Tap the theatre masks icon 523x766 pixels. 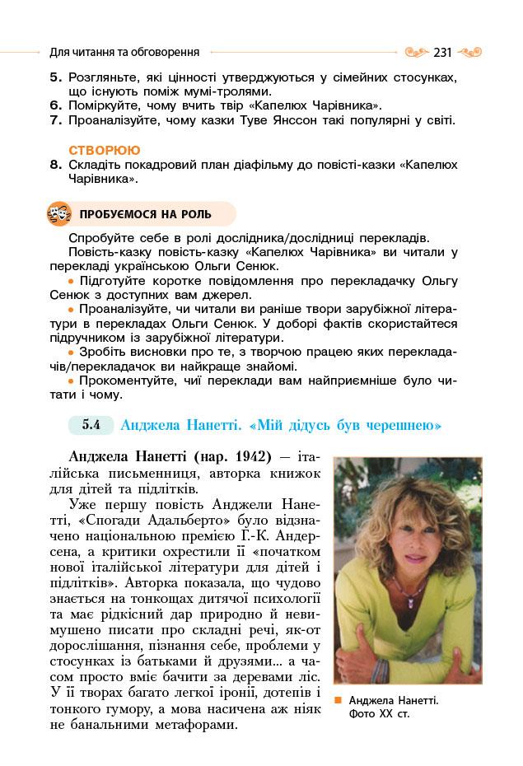[x=59, y=214]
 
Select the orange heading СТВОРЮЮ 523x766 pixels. [x=105, y=150]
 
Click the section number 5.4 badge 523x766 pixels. [x=91, y=426]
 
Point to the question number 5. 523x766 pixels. [x=55, y=77]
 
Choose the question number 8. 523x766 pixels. [x=55, y=164]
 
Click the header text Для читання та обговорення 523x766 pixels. [x=124, y=52]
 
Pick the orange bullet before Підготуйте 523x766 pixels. [x=71, y=281]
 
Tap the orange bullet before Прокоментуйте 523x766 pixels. [x=71, y=381]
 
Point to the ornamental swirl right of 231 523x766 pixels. [x=469, y=52]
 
